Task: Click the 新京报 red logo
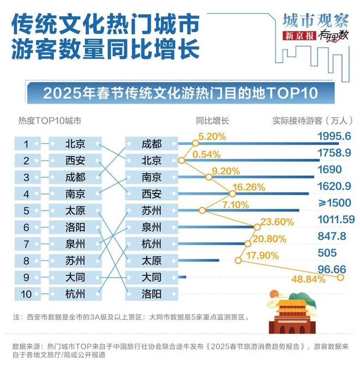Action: click(299, 36)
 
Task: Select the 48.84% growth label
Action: click(308, 280)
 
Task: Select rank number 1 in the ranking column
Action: click(26, 144)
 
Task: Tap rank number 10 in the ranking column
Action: click(26, 294)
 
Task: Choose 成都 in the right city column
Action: click(151, 144)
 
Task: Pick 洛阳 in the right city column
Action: click(151, 294)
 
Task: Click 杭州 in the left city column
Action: click(75, 294)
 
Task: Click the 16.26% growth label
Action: click(248, 187)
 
